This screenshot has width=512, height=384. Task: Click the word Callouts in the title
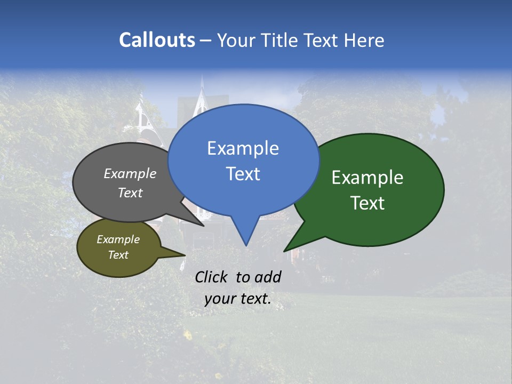157,41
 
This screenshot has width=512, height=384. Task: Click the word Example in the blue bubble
243,148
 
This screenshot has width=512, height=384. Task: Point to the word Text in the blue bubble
243,174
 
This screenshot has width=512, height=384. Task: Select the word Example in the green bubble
367,178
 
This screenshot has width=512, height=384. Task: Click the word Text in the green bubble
367,203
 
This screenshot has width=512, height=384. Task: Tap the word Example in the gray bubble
130,174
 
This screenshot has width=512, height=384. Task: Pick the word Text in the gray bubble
130,193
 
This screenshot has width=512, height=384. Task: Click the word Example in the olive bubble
118,239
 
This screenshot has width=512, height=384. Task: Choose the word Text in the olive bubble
118,255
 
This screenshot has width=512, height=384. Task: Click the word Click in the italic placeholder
212,277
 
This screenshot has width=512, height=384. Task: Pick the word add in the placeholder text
268,277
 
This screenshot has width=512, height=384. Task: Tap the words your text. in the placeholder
237,299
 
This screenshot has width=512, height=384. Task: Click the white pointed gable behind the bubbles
202,101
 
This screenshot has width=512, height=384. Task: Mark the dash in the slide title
206,41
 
